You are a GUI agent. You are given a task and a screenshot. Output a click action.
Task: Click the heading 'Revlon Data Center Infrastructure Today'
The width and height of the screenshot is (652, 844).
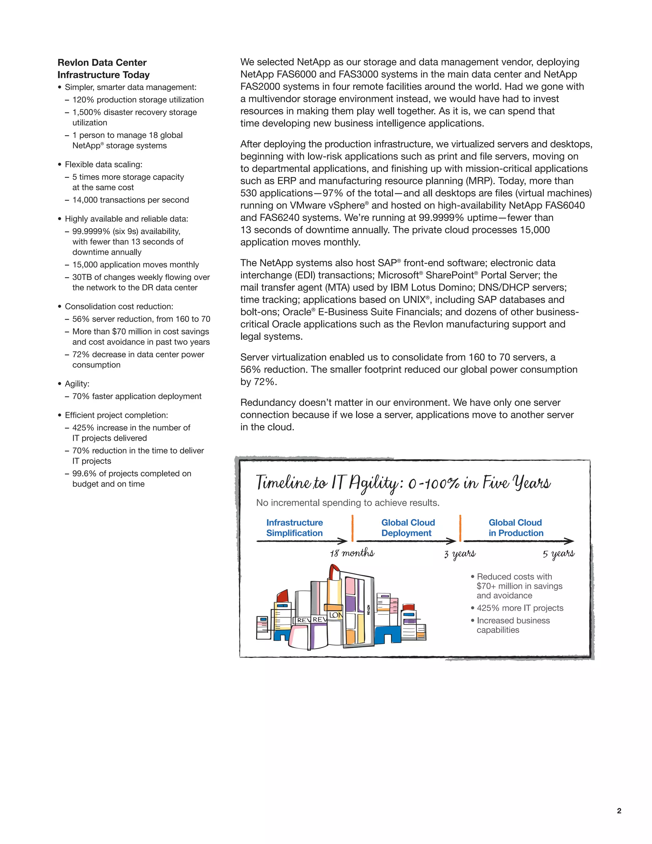[103, 69]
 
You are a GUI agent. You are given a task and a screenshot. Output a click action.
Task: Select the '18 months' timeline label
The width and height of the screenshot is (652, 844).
[352, 553]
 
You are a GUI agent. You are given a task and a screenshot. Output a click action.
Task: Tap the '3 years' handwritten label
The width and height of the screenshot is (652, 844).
[460, 554]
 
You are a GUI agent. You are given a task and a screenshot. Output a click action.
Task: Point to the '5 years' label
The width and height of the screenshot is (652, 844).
[558, 554]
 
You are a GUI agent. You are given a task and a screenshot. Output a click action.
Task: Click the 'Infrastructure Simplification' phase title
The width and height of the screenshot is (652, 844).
[294, 527]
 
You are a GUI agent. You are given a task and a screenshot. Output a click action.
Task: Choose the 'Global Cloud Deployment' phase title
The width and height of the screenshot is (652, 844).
[408, 527]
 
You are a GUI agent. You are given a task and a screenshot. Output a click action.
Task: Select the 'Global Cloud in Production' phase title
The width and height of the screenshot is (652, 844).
[516, 527]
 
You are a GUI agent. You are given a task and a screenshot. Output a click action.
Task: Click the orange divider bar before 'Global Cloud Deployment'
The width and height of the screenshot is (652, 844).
[353, 528]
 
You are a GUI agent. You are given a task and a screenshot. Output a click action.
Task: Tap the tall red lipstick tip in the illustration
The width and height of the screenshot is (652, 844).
[334, 571]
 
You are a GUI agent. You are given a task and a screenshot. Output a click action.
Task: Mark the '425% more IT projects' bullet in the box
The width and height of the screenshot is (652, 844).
[520, 608]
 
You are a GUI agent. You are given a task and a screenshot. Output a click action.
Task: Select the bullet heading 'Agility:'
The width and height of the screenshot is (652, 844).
[77, 384]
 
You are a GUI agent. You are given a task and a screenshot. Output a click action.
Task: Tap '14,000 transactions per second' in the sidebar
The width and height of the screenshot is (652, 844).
[131, 200]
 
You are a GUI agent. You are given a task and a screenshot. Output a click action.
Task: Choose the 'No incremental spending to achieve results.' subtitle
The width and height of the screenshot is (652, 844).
[348, 503]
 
